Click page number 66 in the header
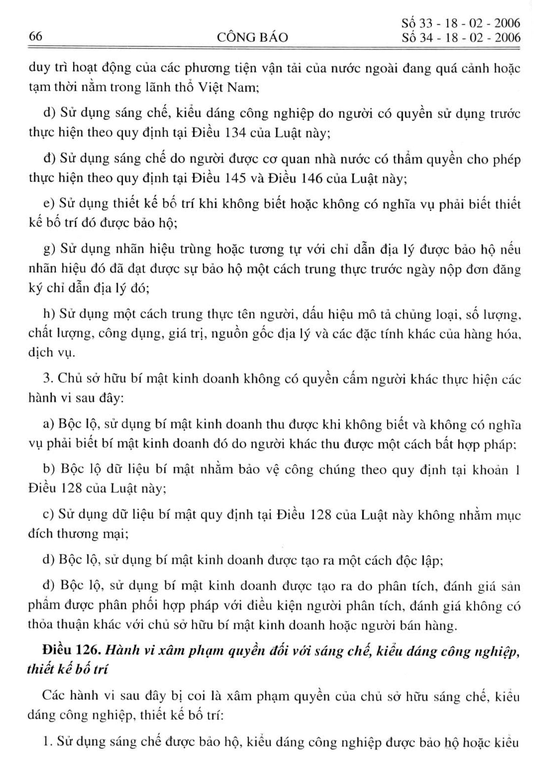point(36,36)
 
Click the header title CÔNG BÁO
point(252,37)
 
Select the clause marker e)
point(48,204)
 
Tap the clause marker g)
point(48,250)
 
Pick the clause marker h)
point(48,314)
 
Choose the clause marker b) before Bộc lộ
point(48,470)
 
